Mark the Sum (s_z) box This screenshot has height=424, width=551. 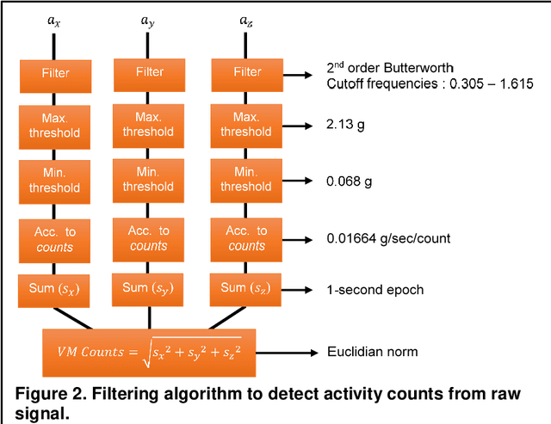pos(245,288)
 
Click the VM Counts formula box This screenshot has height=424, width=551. pos(147,351)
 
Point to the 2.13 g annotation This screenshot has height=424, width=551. pos(346,125)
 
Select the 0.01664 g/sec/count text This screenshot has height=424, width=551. pos(387,238)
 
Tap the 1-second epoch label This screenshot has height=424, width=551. pos(375,289)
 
